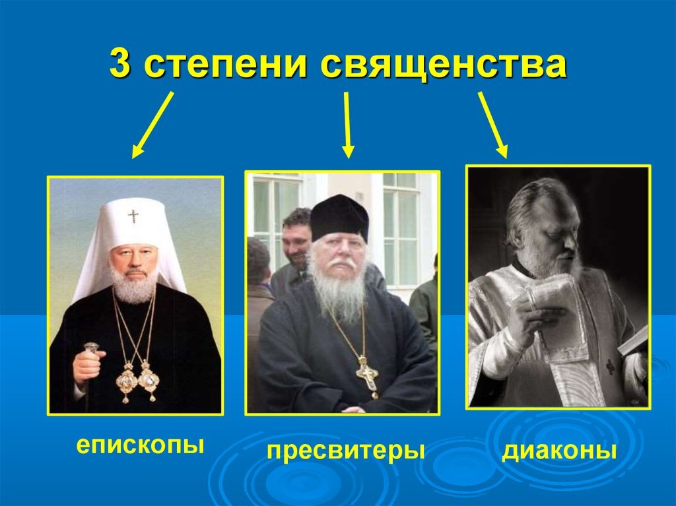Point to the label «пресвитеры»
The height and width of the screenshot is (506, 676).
point(345,452)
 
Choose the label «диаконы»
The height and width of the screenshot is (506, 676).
point(559,451)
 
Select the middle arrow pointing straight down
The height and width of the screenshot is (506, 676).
point(347,125)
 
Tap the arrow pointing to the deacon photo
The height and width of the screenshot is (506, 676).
point(493,125)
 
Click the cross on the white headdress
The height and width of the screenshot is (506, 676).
point(133,216)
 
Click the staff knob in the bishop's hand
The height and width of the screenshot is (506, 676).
point(90,347)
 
